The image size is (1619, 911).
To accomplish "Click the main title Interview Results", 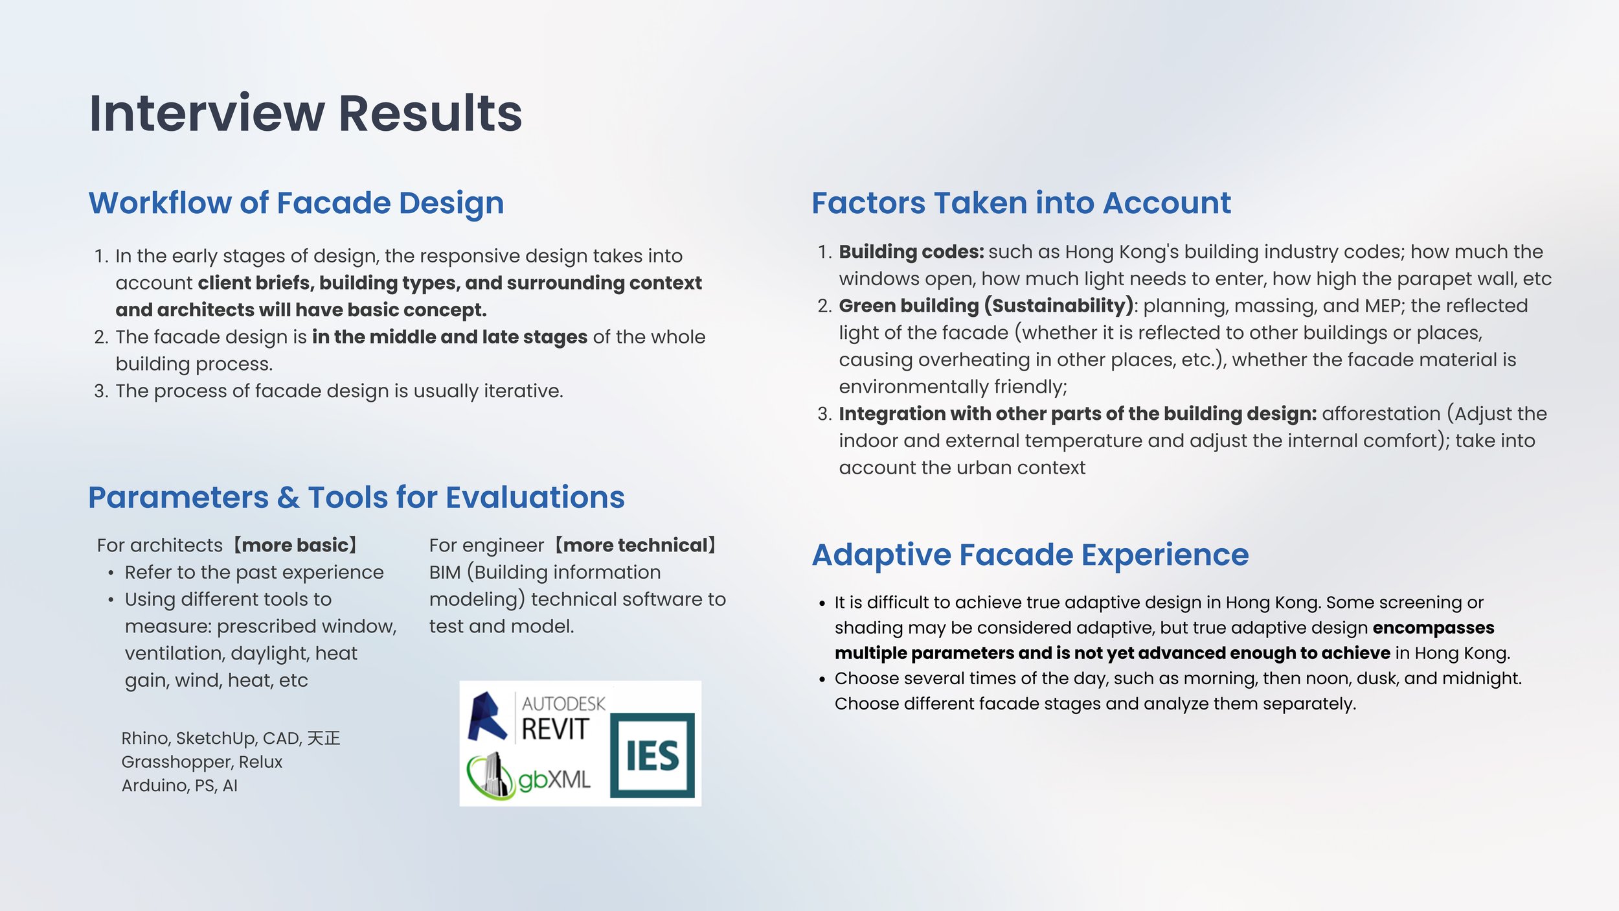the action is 305,113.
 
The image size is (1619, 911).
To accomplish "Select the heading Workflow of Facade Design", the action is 296,203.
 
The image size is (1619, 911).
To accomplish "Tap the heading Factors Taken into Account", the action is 1021,203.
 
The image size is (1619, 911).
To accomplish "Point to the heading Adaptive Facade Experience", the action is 1030,555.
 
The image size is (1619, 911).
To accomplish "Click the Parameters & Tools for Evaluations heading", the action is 356,498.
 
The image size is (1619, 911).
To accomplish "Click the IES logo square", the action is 652,755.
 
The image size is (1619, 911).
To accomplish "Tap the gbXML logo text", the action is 554,779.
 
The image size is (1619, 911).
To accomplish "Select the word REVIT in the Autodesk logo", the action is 555,729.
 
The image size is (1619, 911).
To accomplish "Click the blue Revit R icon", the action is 487,716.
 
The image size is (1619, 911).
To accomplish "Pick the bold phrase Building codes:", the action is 911,251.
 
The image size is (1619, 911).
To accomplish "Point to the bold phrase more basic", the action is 295,545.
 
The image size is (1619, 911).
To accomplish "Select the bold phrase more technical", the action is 635,545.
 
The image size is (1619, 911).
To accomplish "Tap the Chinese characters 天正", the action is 324,738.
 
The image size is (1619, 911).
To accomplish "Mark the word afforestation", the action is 1381,413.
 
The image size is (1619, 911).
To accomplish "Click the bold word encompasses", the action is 1433,628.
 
